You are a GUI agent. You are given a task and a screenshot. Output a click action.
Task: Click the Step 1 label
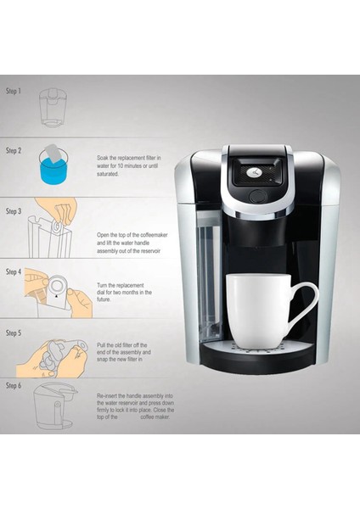coord(14,91)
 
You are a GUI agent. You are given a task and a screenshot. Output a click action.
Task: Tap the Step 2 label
coord(14,150)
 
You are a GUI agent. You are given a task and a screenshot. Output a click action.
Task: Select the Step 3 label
coord(14,210)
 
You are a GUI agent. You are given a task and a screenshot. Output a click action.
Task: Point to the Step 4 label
coord(14,272)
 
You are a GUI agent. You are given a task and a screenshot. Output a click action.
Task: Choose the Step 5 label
coord(14,333)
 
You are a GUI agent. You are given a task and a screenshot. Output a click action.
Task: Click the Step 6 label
coord(14,385)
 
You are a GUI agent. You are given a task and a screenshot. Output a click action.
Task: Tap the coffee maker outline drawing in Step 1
coord(53,109)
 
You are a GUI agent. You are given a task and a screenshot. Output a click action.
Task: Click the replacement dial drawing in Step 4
coord(55,287)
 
